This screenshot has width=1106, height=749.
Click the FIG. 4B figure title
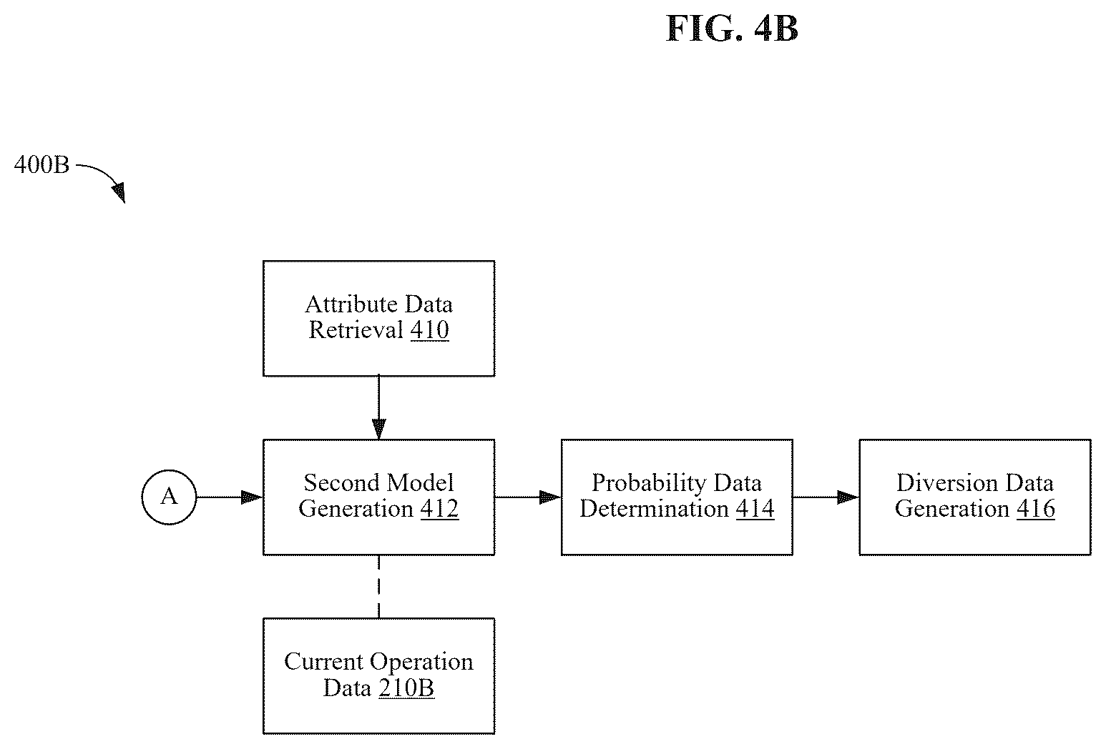[732, 29]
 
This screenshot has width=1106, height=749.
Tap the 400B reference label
[42, 165]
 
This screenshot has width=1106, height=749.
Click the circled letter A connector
[169, 497]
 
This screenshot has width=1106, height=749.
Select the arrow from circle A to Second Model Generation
[230, 497]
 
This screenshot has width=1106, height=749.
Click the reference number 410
[429, 329]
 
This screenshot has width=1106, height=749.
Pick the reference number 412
[439, 508]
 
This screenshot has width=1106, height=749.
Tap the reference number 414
[755, 508]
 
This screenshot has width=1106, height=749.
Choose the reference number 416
[1036, 508]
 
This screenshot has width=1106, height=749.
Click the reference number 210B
[406, 688]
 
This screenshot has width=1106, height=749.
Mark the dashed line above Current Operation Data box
[378, 587]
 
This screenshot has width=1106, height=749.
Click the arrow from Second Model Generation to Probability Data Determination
[528, 497]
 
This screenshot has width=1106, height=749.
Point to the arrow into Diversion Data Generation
[826, 497]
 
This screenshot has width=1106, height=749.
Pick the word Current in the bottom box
[323, 662]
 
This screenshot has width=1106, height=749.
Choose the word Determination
[654, 508]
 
